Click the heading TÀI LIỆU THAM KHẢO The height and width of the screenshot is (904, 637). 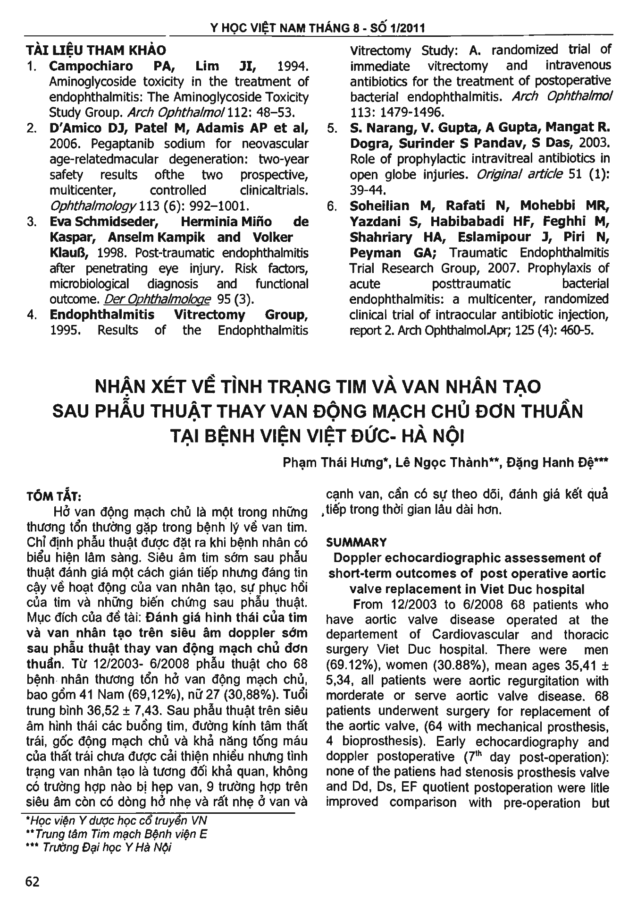95,50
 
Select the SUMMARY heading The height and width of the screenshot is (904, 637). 357,542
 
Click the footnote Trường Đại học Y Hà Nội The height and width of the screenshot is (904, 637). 107,848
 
